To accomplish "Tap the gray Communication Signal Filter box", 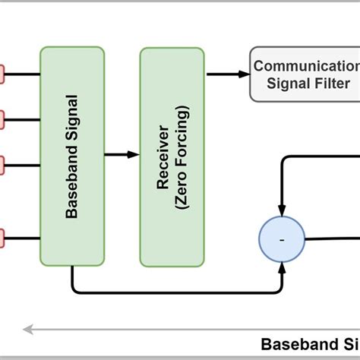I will [x=304, y=74].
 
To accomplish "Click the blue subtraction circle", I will [x=282, y=239].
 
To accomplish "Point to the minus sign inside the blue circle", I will [x=282, y=240].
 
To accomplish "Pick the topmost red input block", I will [x=2, y=74].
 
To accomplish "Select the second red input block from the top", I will [x=2, y=118].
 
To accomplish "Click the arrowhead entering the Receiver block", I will [x=134, y=154].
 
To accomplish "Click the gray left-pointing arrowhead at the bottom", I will [x=27, y=330].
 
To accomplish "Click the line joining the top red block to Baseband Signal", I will [x=23, y=74].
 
